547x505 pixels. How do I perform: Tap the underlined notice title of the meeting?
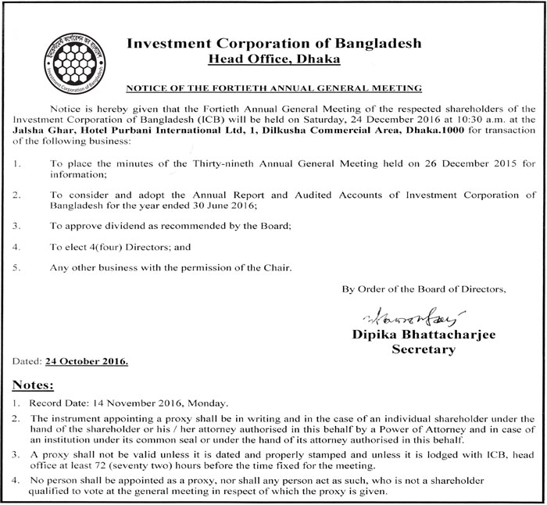click(273, 89)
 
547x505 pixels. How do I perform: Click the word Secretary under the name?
click(423, 349)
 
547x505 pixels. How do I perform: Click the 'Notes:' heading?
click(32, 385)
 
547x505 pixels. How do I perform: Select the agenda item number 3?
click(18, 225)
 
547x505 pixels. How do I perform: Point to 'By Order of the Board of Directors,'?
click(424, 289)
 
